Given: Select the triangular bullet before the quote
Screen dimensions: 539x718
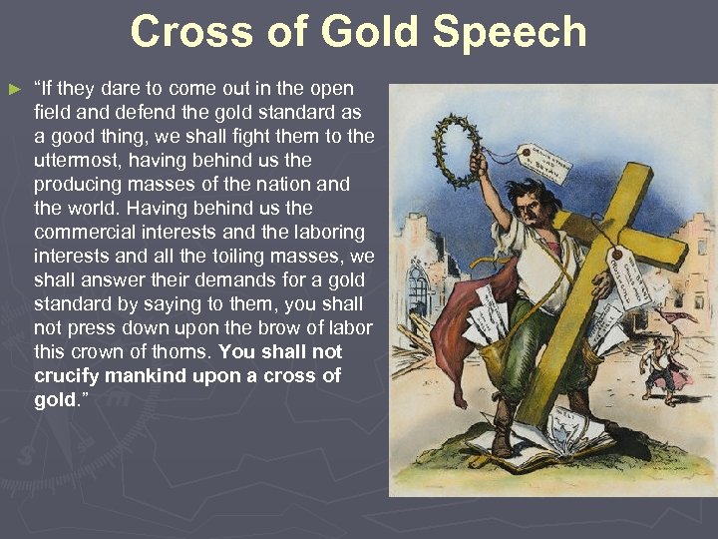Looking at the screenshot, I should pos(14,90).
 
